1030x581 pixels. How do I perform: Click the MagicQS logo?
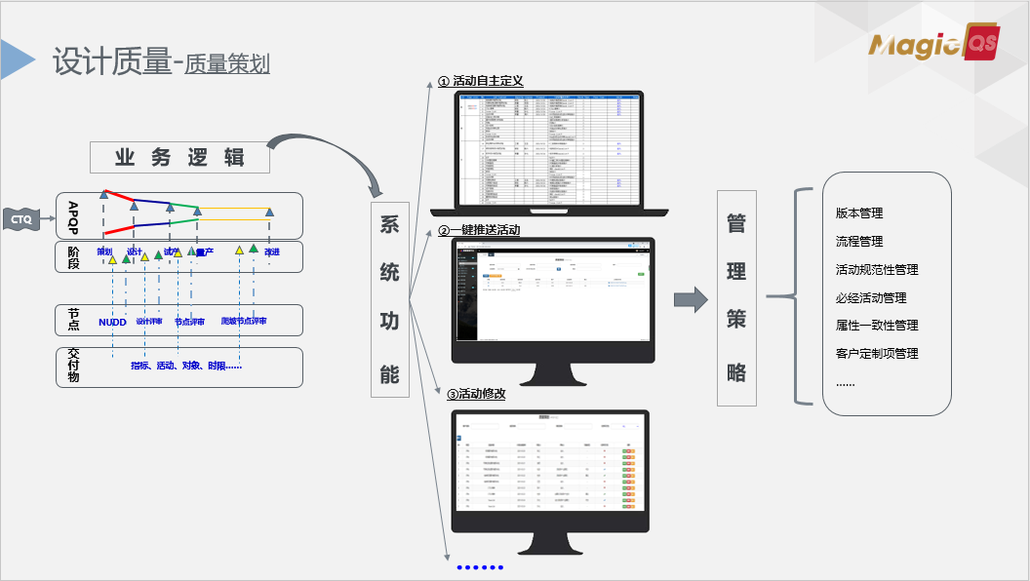pyautogui.click(x=934, y=45)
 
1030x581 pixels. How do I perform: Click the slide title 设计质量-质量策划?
pyautogui.click(x=161, y=62)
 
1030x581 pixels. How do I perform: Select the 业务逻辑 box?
pyautogui.click(x=179, y=157)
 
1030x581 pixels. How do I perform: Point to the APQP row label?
pyautogui.click(x=73, y=217)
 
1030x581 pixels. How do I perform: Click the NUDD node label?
pyautogui.click(x=112, y=322)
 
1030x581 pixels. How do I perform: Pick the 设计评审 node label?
pyautogui.click(x=148, y=322)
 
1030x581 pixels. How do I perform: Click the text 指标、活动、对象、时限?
pyautogui.click(x=185, y=366)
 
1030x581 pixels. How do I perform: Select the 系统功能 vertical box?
pyautogui.click(x=389, y=297)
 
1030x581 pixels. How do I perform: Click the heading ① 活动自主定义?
pyautogui.click(x=481, y=81)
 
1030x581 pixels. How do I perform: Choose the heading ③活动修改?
pyautogui.click(x=476, y=395)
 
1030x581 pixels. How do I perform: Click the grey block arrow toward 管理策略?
pyautogui.click(x=690, y=299)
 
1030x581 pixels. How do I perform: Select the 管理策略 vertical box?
pyautogui.click(x=736, y=297)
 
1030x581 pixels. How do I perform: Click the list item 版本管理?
pyautogui.click(x=859, y=213)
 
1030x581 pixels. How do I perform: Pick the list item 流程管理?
pyautogui.click(x=859, y=241)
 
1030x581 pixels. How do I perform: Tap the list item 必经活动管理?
pyautogui.click(x=871, y=297)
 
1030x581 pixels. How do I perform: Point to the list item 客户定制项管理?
pyautogui.click(x=877, y=353)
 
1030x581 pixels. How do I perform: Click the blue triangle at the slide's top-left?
pyautogui.click(x=17, y=59)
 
